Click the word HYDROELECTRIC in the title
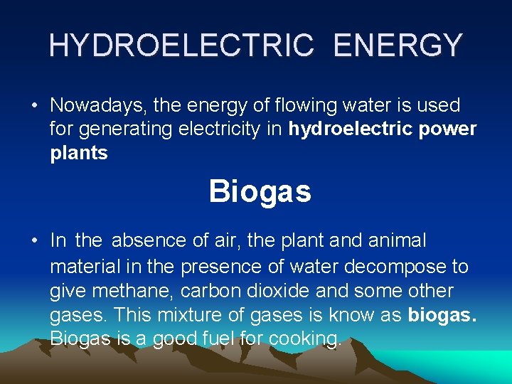point(181,46)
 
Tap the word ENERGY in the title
point(398,46)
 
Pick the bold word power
point(447,129)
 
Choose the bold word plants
point(79,153)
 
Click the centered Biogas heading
point(260,191)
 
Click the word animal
point(396,241)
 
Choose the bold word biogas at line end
point(442,315)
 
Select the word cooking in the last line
point(307,339)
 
